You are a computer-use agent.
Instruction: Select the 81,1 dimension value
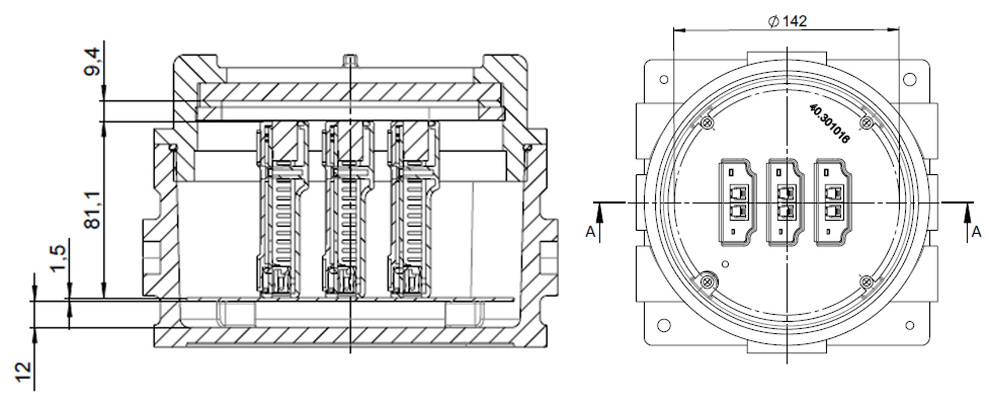(x=92, y=210)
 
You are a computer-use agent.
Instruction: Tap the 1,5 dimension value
(x=58, y=259)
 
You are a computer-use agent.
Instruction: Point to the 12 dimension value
(x=23, y=372)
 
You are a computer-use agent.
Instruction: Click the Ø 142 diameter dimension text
(x=788, y=21)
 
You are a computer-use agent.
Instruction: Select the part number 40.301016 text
(x=829, y=123)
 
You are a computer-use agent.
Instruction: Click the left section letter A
(x=590, y=232)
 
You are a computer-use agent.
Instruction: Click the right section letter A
(x=977, y=232)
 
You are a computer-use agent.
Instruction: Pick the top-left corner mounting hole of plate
(x=664, y=79)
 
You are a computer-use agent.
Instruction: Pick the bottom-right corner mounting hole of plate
(x=910, y=326)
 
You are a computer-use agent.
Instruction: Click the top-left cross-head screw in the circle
(x=706, y=123)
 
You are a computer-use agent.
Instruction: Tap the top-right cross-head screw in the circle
(x=866, y=123)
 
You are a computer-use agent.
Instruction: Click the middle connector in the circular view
(x=785, y=202)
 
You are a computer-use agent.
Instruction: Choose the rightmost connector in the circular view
(x=832, y=202)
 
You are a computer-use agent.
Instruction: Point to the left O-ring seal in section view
(x=173, y=147)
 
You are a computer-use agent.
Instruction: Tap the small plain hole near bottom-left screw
(x=724, y=264)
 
